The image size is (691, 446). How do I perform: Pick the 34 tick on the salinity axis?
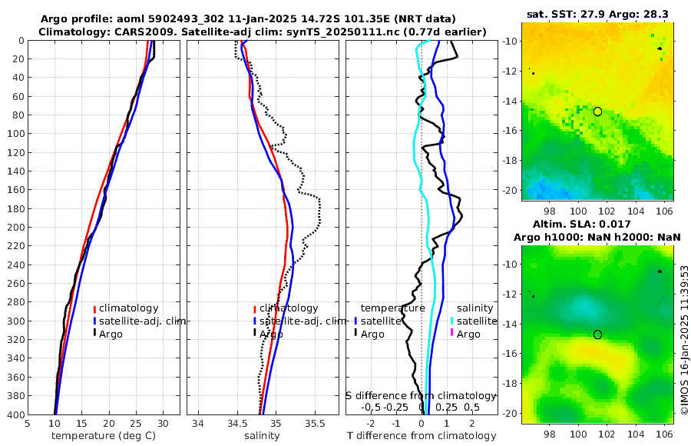(x=197, y=423)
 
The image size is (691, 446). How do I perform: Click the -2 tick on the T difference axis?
(x=372, y=423)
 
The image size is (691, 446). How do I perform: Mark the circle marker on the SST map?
(x=597, y=111)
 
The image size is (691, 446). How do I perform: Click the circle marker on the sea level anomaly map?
(x=597, y=334)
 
